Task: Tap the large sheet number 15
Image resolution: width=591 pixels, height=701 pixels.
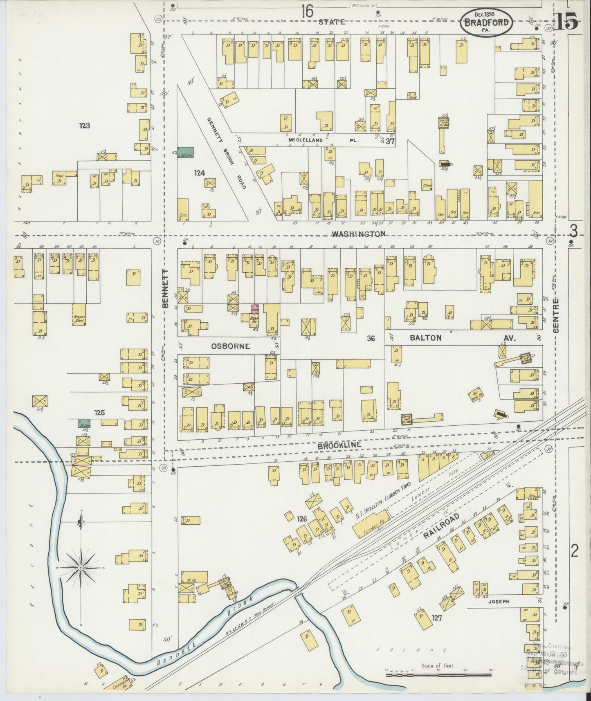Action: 566,21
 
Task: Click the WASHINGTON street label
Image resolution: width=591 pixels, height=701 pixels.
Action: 358,234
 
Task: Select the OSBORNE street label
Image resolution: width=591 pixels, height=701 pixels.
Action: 230,346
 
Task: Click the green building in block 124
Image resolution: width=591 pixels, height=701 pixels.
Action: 185,153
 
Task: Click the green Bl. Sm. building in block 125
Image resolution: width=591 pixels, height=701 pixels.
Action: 84,423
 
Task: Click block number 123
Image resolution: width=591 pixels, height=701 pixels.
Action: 85,126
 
